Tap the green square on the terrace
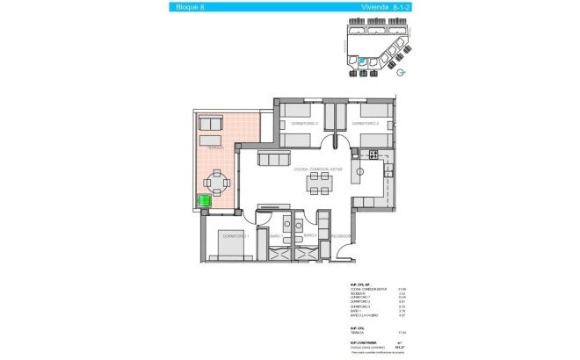tap(205, 200)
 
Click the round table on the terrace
tap(215, 184)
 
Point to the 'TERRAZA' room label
tap(214, 149)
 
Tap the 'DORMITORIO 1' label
tap(236, 235)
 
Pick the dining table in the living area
tap(319, 183)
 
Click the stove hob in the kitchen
tap(373, 155)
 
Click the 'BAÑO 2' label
tap(308, 235)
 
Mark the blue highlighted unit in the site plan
tap(363, 61)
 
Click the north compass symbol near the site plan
tap(400, 74)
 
